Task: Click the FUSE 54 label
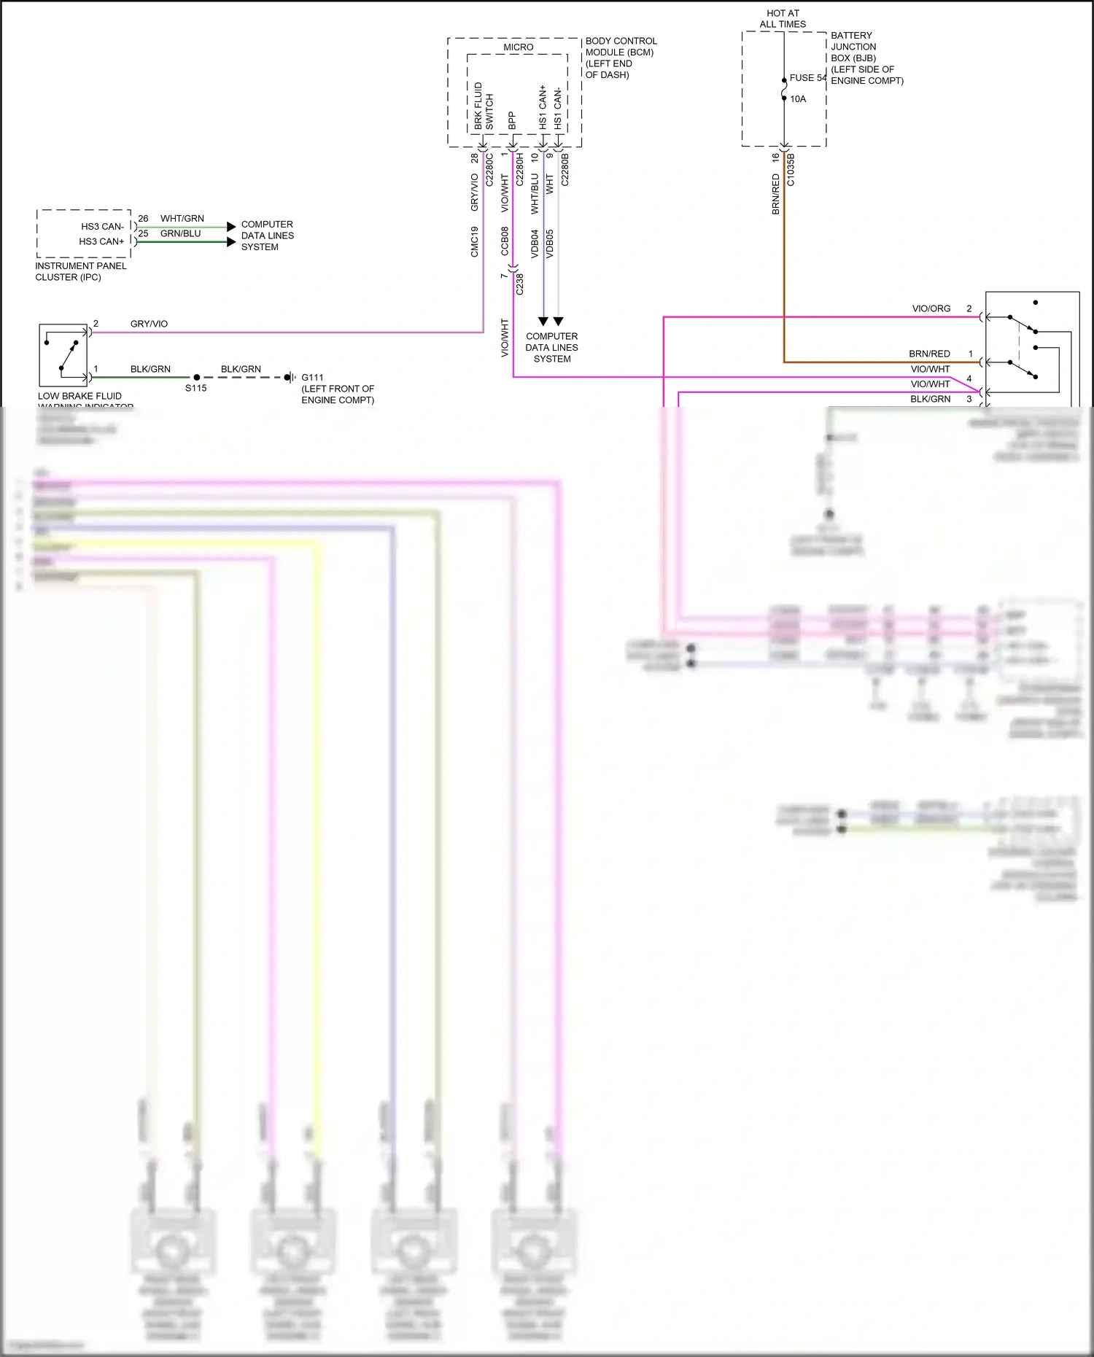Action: click(807, 78)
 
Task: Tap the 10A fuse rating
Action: click(798, 99)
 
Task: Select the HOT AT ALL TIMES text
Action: click(783, 19)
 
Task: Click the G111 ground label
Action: click(312, 378)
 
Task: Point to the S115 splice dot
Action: click(197, 378)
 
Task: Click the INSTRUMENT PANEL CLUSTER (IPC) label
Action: click(80, 271)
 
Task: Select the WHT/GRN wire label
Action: click(182, 219)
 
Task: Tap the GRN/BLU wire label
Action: click(180, 233)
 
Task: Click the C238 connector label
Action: click(520, 284)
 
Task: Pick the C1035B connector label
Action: click(791, 169)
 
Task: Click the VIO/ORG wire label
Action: click(931, 308)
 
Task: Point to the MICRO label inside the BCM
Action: click(518, 47)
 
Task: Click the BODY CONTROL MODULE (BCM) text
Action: click(620, 58)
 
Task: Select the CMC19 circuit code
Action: click(475, 241)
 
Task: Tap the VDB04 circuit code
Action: click(535, 244)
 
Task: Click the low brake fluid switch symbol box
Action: click(63, 355)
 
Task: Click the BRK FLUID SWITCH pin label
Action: click(484, 106)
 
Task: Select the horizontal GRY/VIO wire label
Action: click(149, 324)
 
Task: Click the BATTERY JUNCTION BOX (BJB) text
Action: click(866, 58)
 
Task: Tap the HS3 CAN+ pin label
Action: click(101, 241)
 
